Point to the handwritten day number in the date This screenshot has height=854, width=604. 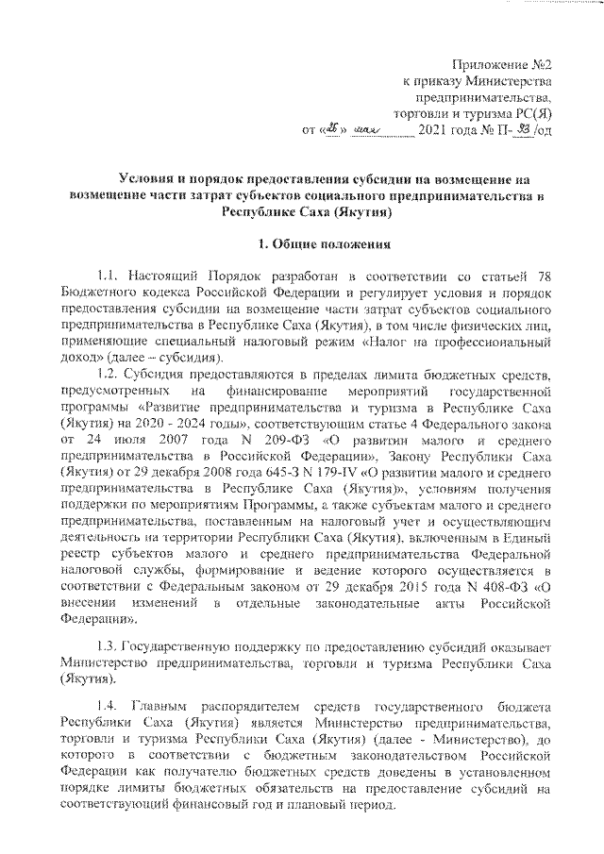click(330, 129)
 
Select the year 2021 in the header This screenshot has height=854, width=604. click(435, 130)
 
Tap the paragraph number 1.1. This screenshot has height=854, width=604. click(109, 276)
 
